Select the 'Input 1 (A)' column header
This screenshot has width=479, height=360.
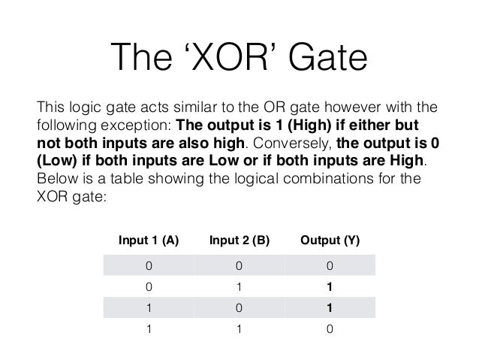(149, 241)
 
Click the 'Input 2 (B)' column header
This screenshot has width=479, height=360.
(239, 241)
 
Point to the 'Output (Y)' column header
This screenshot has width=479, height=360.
(330, 241)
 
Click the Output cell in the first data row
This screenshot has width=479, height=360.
(330, 265)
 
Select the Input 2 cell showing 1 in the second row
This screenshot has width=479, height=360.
(239, 287)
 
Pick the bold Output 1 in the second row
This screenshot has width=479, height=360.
(330, 287)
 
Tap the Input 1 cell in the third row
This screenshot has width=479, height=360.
(149, 308)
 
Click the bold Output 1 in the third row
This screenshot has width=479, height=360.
(330, 308)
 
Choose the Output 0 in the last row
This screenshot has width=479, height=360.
(330, 329)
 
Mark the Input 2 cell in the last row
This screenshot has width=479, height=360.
(239, 329)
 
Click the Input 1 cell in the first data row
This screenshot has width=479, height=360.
(149, 265)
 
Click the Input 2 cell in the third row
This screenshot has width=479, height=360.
(239, 308)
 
